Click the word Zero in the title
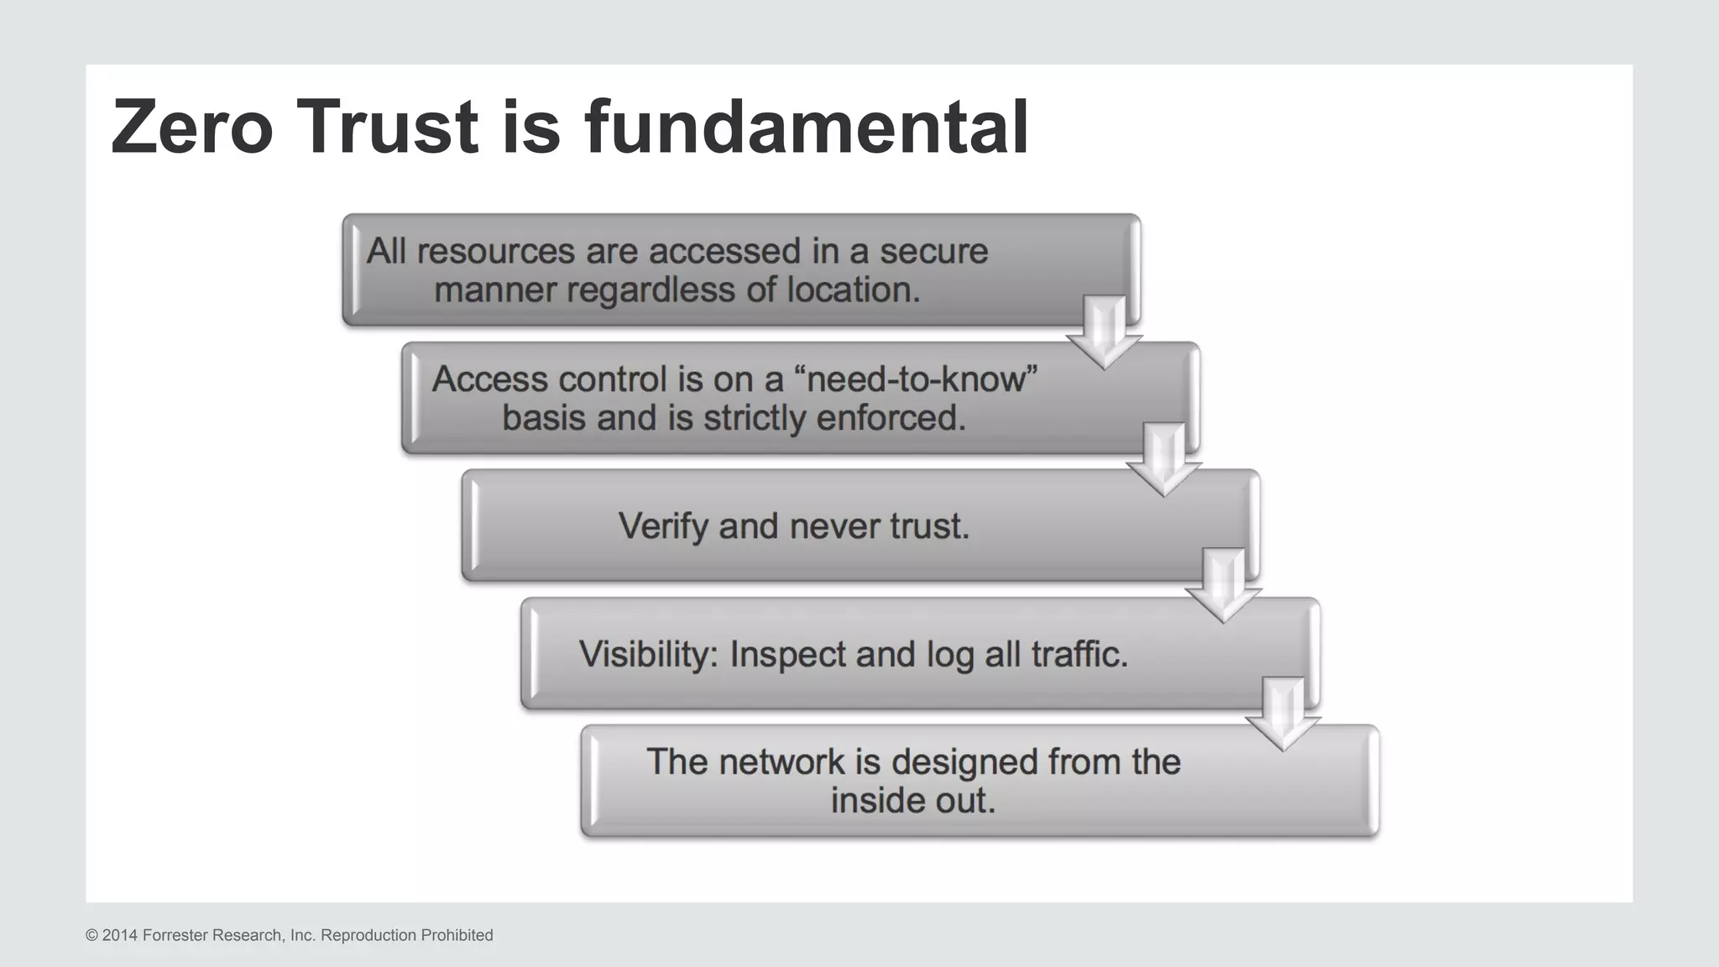click(x=192, y=127)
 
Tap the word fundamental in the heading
click(x=807, y=127)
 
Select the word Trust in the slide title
click(x=387, y=127)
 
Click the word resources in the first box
click(x=495, y=251)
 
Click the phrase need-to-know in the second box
click(x=921, y=379)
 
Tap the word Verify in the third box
click(x=663, y=526)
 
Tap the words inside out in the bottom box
click(x=912, y=800)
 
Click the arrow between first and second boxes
click(x=1104, y=332)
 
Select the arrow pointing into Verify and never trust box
click(x=1163, y=459)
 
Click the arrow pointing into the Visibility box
click(x=1223, y=586)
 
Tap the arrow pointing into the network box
click(x=1283, y=713)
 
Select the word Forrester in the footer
click(x=175, y=935)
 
